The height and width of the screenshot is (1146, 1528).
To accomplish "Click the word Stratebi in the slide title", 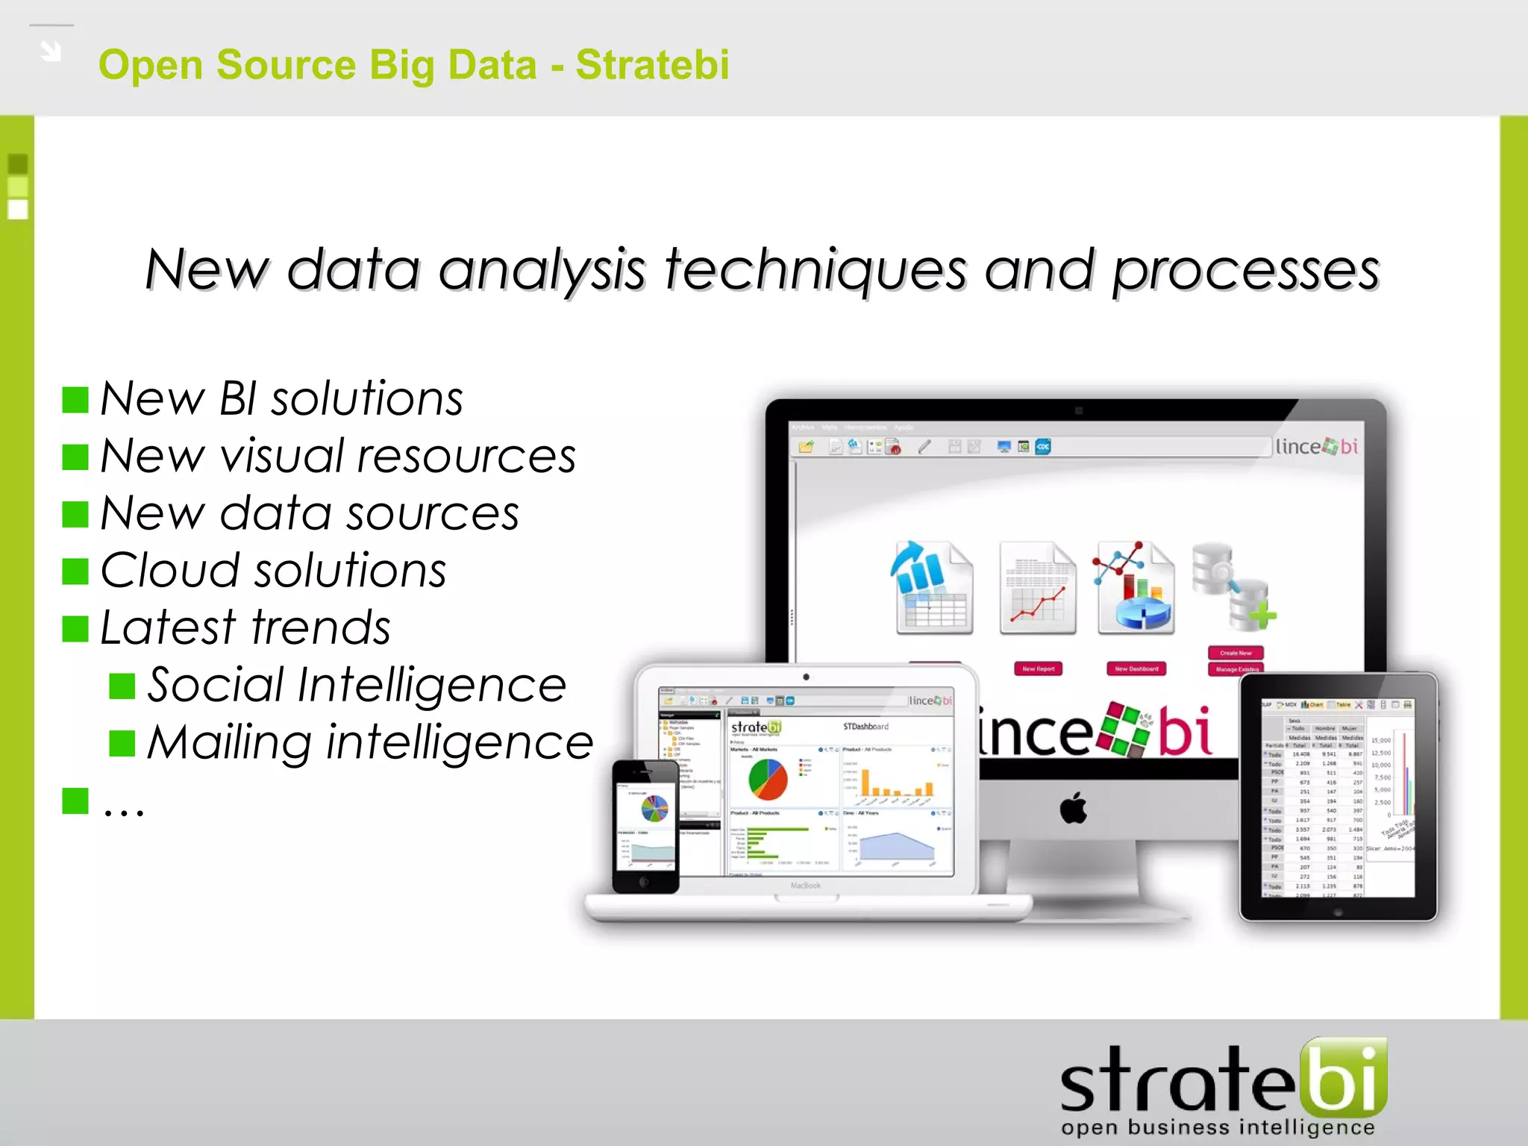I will point(652,65).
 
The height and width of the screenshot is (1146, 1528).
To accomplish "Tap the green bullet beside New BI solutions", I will point(75,400).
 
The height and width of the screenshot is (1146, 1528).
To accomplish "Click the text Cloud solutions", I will point(273,571).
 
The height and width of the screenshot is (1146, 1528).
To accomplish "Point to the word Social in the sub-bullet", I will point(215,685).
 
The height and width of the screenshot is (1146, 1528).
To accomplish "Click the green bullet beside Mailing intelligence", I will point(122,743).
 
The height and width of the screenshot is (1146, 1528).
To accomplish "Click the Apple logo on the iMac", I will point(1074,809).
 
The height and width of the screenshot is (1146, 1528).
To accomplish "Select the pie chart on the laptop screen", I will point(768,779).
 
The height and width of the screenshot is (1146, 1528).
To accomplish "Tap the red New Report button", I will point(1038,668).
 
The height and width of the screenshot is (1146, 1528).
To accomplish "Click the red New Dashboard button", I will point(1136,668).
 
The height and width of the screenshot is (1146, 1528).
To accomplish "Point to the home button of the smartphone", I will point(645,882).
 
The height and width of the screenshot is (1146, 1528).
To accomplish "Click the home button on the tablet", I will point(1338,912).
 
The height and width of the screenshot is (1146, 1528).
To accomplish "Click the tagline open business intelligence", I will point(1217,1127).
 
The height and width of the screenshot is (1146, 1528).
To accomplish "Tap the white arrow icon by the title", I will point(51,51).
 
